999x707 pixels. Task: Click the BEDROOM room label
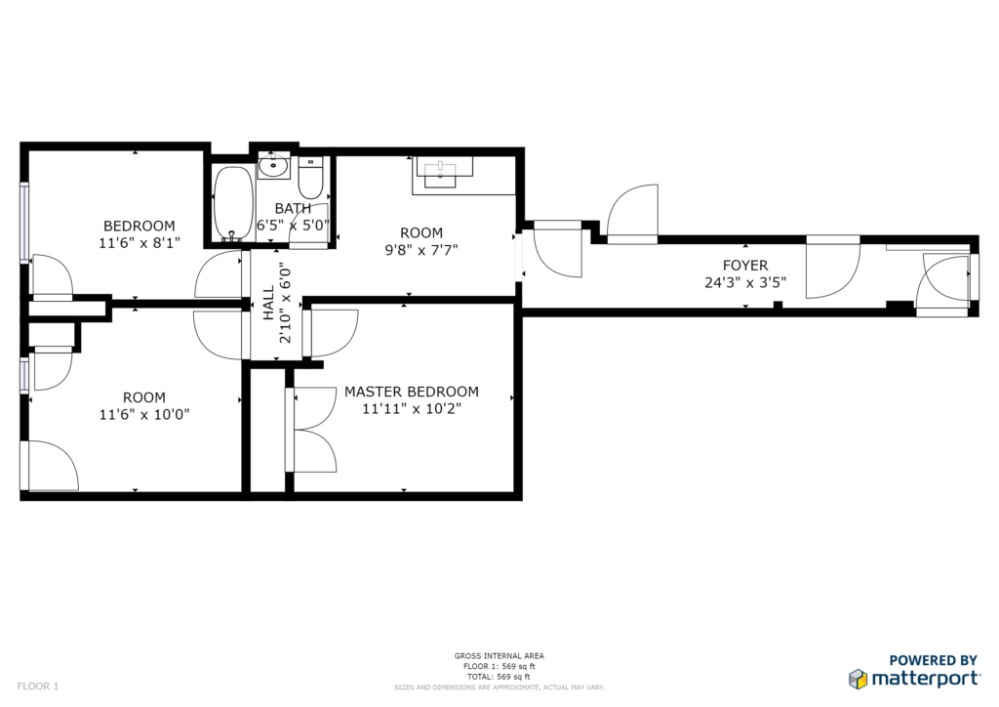tap(139, 226)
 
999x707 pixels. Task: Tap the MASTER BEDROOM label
tap(412, 392)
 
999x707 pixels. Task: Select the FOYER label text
tap(744, 266)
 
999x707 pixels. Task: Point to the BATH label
tap(293, 208)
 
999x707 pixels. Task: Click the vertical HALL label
tap(268, 304)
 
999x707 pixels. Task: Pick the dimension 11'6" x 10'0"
tap(144, 414)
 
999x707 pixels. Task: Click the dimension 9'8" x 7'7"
tap(421, 250)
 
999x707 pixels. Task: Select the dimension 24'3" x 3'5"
tap(744, 282)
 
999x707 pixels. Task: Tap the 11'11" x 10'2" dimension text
tap(412, 408)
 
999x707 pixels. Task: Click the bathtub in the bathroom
tap(232, 203)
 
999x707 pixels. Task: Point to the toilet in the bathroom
tap(310, 178)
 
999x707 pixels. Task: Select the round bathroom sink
tap(274, 166)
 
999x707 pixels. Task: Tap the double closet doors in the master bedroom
tap(311, 430)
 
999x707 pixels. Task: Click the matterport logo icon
tap(858, 679)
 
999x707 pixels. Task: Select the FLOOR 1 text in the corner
tap(38, 686)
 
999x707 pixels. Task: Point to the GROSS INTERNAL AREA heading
tap(499, 656)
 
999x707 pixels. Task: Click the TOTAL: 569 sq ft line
tap(499, 677)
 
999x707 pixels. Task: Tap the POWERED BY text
tap(933, 660)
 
